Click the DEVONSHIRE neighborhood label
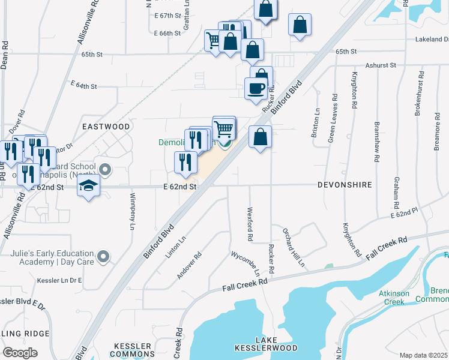[x=346, y=185]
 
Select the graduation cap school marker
[x=88, y=185]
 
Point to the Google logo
[x=20, y=353]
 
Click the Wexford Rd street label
[x=250, y=225]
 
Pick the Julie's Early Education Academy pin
[x=103, y=257]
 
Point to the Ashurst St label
[x=381, y=65]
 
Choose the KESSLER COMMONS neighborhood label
[x=133, y=351]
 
